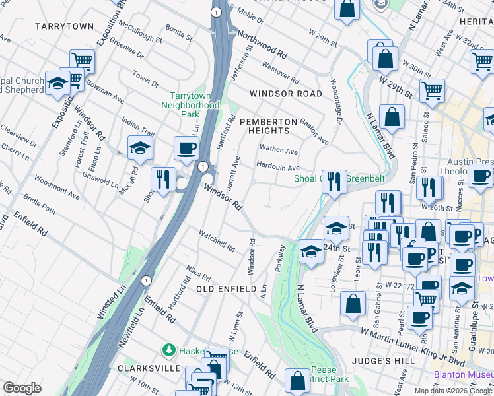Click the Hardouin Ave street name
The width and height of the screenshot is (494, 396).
pos(277,168)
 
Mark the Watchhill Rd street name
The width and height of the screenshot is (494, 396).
pos(217,240)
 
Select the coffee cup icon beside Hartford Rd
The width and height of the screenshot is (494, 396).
pos(186,147)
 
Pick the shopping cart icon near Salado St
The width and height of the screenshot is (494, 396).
pos(432,90)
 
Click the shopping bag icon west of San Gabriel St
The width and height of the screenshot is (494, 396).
pos(353,303)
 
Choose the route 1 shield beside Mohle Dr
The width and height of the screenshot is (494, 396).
pos(215,12)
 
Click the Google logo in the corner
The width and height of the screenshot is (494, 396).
pos(22,387)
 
